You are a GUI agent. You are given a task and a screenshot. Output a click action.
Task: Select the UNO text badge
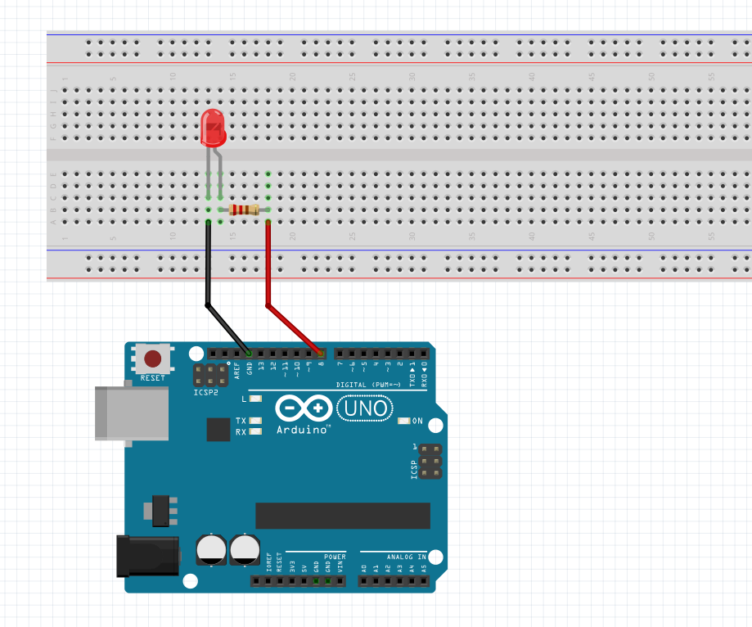coord(364,407)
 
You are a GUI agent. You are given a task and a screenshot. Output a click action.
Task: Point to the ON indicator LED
coord(404,421)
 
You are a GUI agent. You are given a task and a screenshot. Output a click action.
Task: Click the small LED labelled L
coord(255,399)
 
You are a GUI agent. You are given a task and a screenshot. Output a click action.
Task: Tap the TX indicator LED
coord(255,421)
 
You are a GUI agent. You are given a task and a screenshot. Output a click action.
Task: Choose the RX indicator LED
coord(255,431)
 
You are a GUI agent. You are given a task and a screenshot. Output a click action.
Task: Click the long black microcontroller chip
coord(342,516)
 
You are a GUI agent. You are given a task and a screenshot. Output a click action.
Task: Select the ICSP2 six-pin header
coord(209,376)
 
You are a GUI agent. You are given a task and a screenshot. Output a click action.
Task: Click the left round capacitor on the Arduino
coord(212,549)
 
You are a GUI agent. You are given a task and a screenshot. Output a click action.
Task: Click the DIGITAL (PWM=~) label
coord(368,385)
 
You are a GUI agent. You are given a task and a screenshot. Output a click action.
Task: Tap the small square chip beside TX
coord(218,429)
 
